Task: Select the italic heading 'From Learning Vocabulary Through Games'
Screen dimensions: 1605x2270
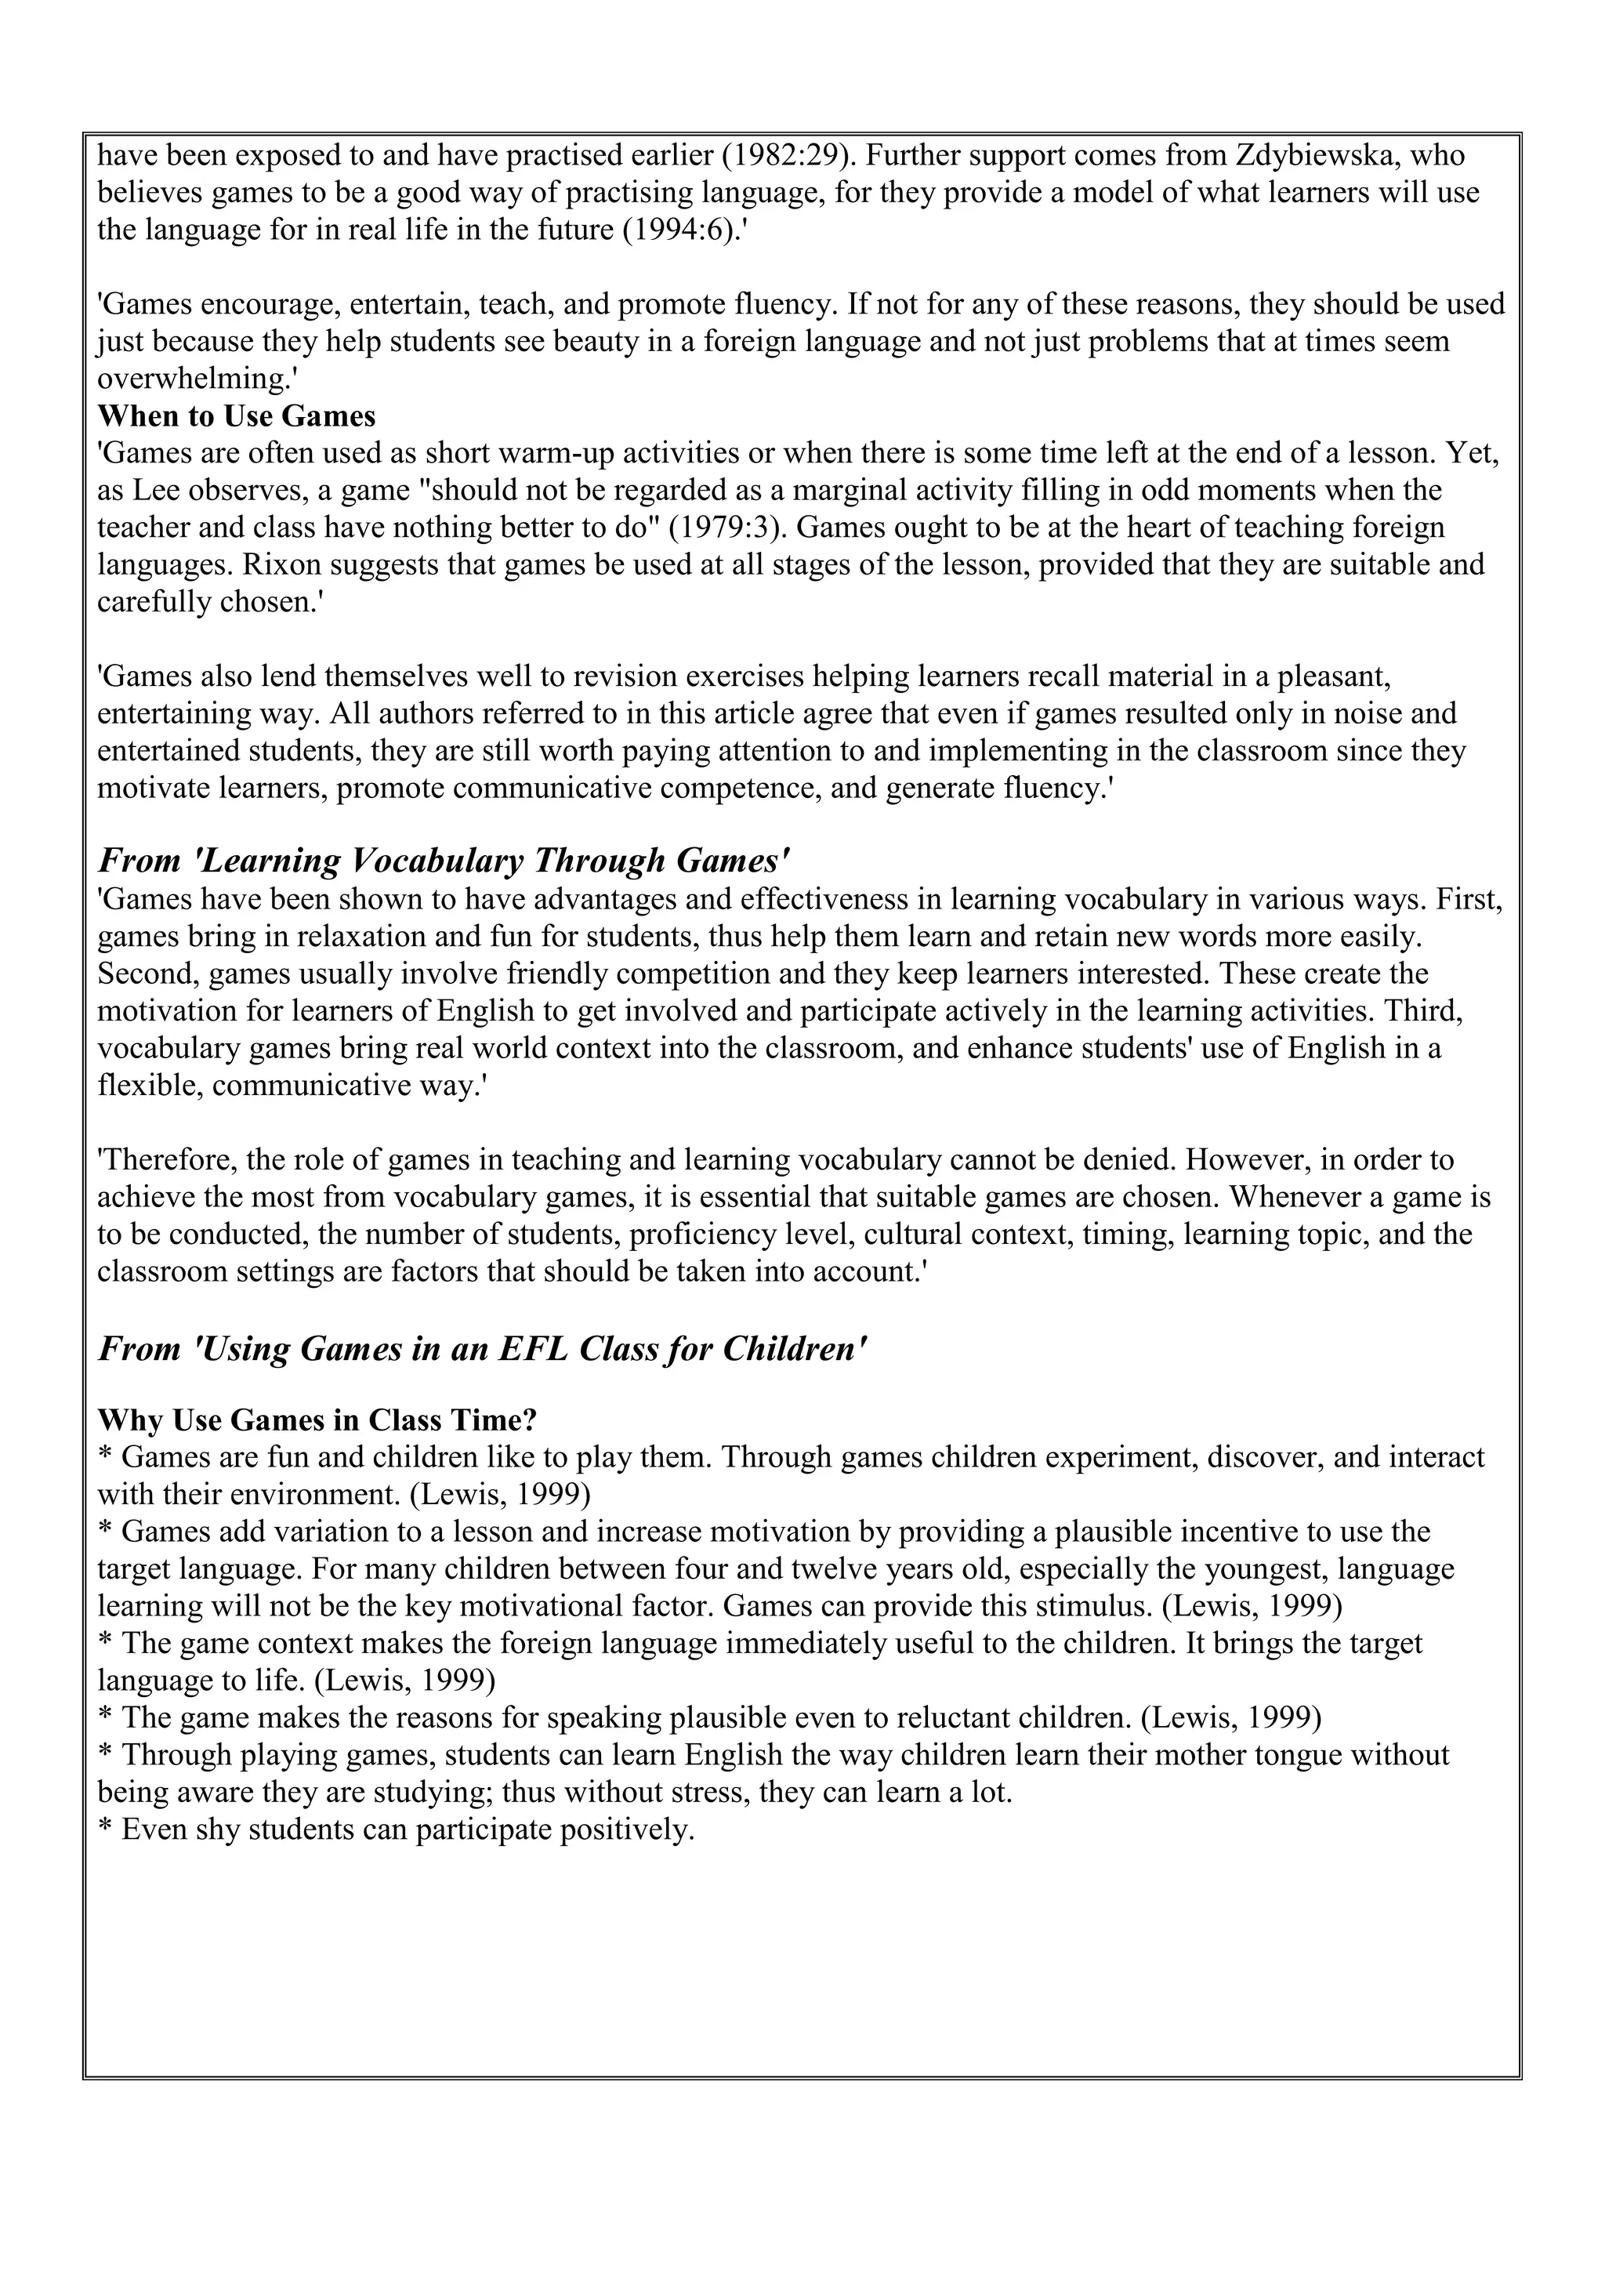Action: coord(444,861)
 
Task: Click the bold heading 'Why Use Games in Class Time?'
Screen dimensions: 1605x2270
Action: coord(317,1421)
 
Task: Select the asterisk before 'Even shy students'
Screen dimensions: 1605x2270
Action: coord(106,1832)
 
